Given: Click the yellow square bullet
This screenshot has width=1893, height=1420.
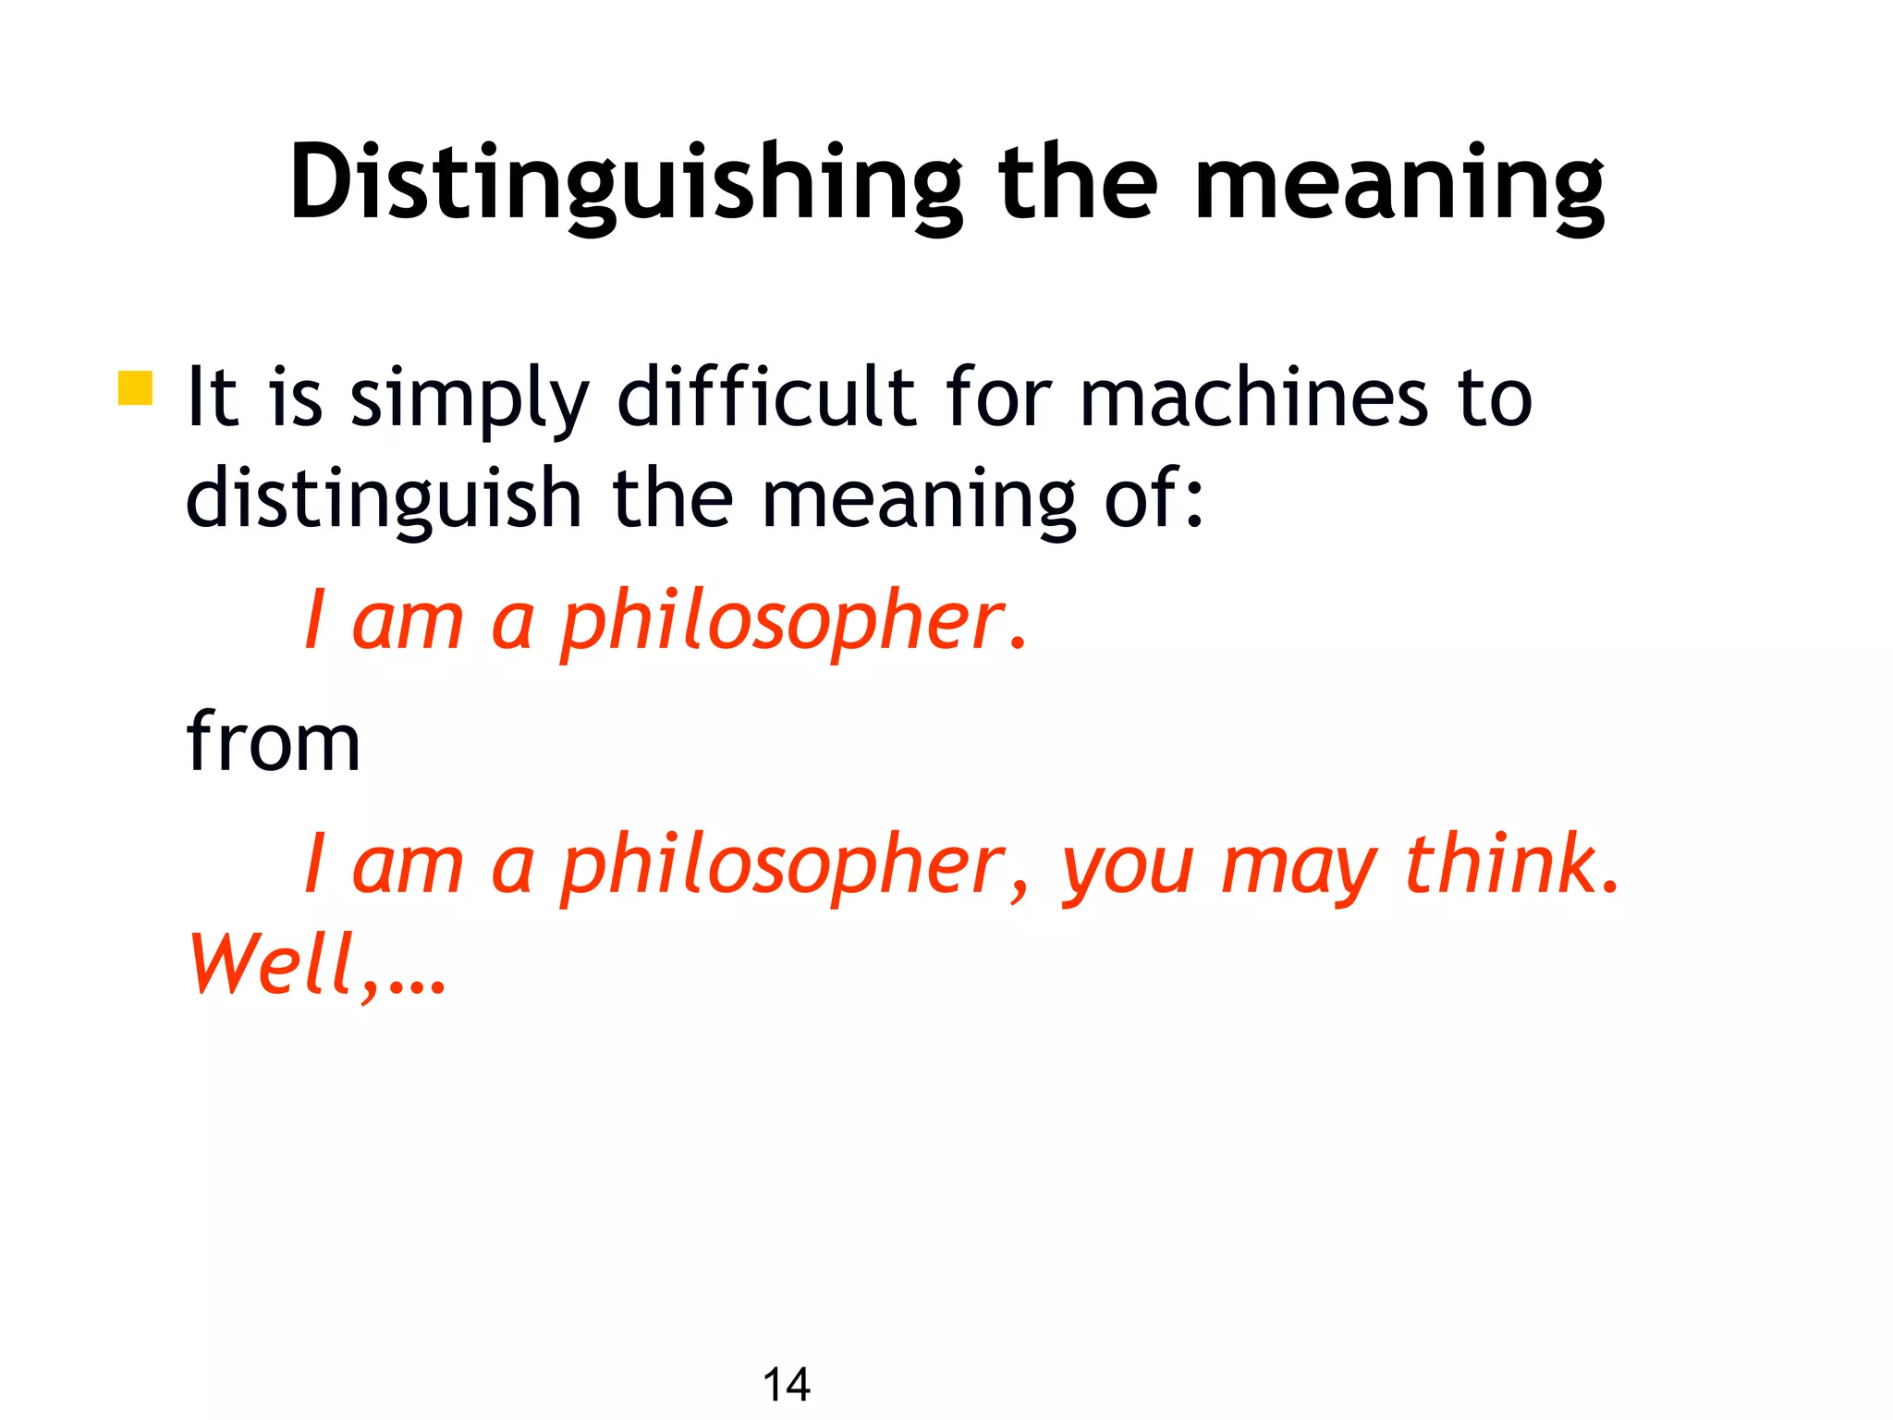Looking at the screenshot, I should click(x=135, y=388).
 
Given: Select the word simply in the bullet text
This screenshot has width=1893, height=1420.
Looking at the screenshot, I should click(x=470, y=399).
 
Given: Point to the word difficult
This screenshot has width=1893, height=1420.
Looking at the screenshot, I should click(x=766, y=398).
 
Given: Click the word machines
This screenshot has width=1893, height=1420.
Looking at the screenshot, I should click(x=1253, y=398).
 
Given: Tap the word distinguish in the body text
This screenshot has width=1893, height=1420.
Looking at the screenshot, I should click(x=383, y=499).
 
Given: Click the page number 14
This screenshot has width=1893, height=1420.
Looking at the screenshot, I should click(x=786, y=1385).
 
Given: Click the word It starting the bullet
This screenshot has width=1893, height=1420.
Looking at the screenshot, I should click(x=212, y=398).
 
